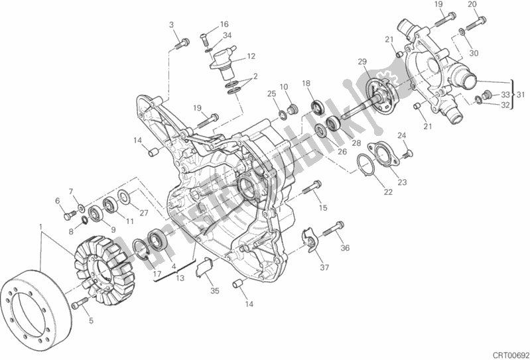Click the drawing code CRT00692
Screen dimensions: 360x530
coord(505,353)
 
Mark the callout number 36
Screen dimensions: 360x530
coord(345,249)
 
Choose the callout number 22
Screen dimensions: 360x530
coord(387,192)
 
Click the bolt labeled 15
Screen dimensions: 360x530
coord(308,191)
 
